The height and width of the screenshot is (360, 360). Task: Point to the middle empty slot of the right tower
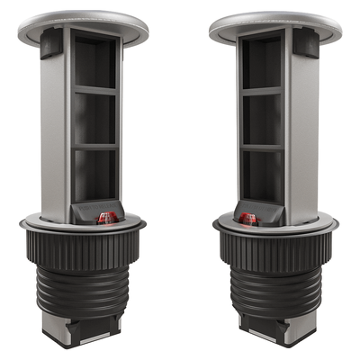pyautogui.click(x=261, y=119)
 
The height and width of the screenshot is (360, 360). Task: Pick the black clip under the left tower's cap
pyautogui.click(x=51, y=42)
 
